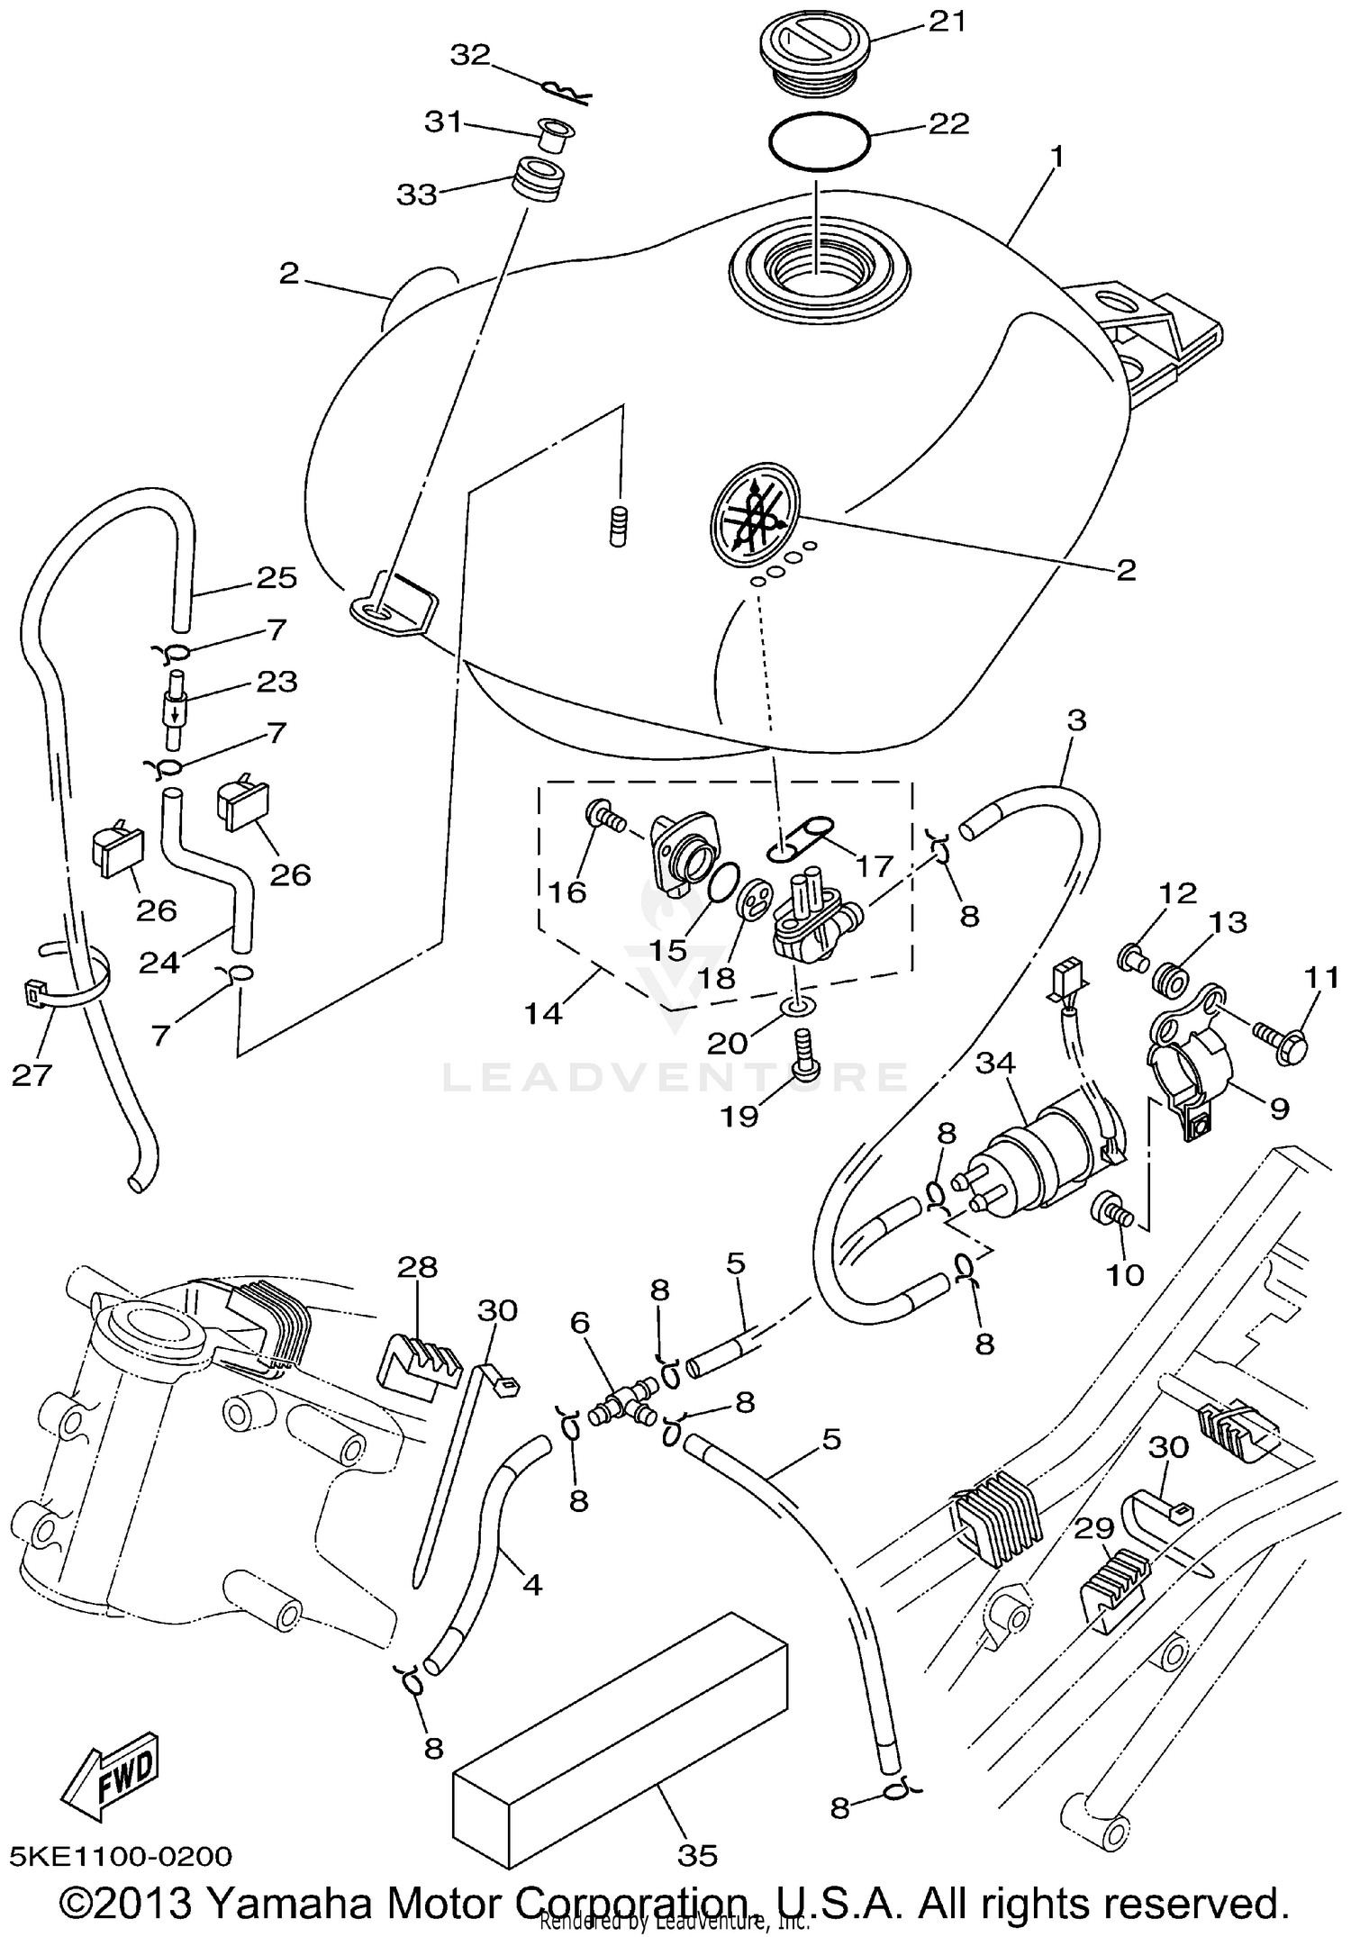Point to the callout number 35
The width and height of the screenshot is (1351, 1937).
697,1855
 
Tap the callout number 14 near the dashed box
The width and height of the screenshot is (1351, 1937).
543,1014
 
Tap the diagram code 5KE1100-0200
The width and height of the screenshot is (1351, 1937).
121,1856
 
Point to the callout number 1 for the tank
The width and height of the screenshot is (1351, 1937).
1057,158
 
